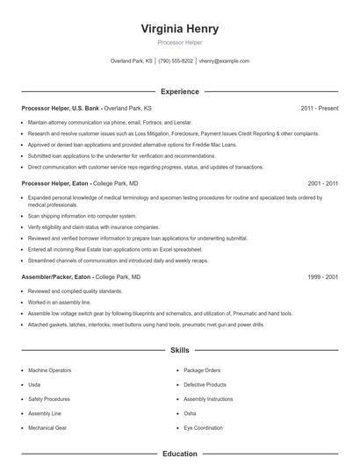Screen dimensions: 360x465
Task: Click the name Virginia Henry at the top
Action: click(179, 28)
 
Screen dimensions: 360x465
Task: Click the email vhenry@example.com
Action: click(224, 61)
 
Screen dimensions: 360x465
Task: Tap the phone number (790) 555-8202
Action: click(175, 61)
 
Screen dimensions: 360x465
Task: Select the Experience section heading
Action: click(179, 91)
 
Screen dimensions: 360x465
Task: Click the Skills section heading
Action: click(179, 350)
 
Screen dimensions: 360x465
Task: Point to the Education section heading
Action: click(179, 454)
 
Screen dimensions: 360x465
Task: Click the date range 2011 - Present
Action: click(319, 109)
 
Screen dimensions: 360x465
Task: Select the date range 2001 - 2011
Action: click(322, 183)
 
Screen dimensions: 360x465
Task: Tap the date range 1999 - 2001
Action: click(322, 276)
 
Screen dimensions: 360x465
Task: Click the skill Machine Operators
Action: click(52, 371)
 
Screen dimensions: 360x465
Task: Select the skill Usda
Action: click(35, 384)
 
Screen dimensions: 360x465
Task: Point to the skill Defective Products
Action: click(205, 384)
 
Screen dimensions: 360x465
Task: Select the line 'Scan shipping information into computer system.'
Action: click(82, 215)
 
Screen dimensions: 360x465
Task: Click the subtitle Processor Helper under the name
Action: click(179, 42)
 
